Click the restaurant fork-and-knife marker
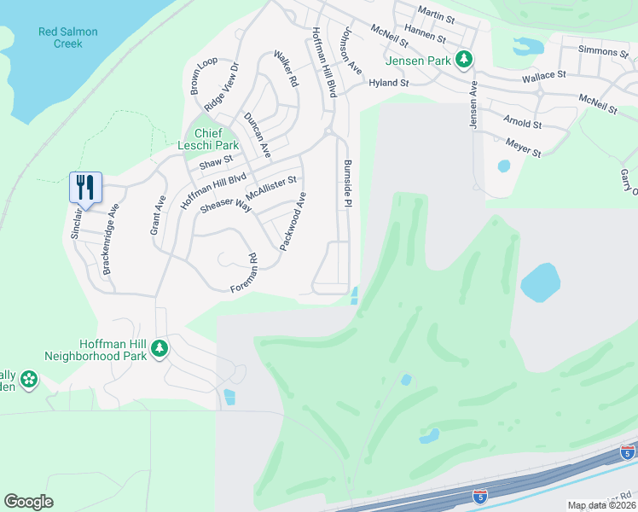(x=85, y=186)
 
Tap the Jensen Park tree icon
(x=463, y=60)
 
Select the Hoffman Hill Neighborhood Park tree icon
(x=159, y=348)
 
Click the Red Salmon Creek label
(x=68, y=38)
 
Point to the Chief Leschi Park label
(x=209, y=139)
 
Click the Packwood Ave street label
(x=293, y=221)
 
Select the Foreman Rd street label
(x=244, y=274)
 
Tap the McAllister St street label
(x=270, y=184)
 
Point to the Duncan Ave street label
(x=257, y=135)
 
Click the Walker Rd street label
(x=285, y=69)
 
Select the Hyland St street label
(x=389, y=84)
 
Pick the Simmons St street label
(x=602, y=52)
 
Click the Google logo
(x=29, y=502)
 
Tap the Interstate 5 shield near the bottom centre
(x=480, y=494)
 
